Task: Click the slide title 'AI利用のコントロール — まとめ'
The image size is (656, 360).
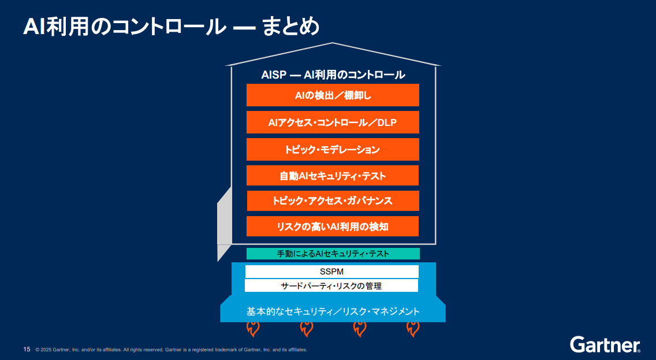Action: (x=171, y=27)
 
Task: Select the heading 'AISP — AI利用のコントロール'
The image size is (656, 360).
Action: (x=333, y=75)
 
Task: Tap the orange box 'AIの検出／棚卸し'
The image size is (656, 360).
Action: (x=333, y=95)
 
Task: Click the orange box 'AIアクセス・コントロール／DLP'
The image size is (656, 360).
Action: (x=333, y=123)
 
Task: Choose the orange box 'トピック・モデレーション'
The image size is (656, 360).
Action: (x=333, y=149)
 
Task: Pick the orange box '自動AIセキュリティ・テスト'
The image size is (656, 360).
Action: (x=333, y=176)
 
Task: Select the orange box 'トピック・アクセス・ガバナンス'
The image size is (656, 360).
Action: (x=333, y=201)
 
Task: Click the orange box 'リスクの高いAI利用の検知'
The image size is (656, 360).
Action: (x=333, y=227)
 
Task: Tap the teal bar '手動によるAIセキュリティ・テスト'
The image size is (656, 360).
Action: (x=333, y=254)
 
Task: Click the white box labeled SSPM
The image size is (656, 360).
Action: (x=331, y=272)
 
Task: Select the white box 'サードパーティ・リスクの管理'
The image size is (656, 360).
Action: (x=331, y=285)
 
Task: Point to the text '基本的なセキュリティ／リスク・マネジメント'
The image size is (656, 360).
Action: (x=333, y=311)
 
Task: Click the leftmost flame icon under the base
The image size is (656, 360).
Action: (x=252, y=329)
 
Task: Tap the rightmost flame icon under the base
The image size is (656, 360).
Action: (x=413, y=329)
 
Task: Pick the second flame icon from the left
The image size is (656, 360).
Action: (x=306, y=329)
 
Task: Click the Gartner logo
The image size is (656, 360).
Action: (x=605, y=344)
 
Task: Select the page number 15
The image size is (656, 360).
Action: (x=27, y=349)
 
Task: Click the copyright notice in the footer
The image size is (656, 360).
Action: (x=171, y=350)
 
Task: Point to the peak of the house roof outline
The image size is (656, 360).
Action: (x=333, y=44)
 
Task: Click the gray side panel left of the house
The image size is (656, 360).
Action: (x=224, y=220)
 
